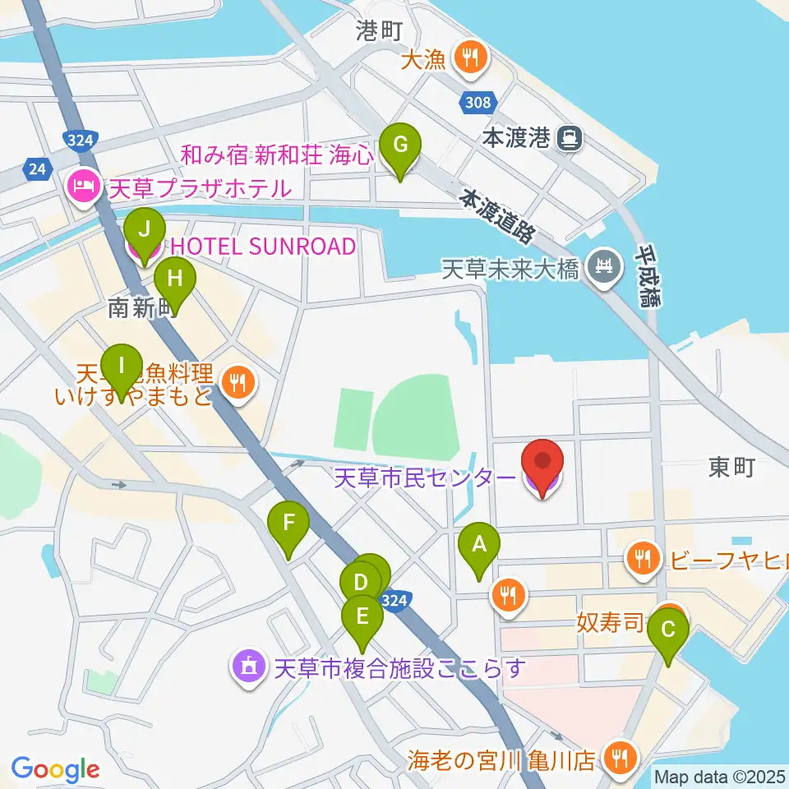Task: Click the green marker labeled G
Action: click(400, 146)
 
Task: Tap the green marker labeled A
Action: click(479, 544)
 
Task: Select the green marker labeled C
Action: click(668, 631)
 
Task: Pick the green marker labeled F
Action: click(288, 523)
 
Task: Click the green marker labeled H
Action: click(173, 280)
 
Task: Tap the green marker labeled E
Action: click(362, 616)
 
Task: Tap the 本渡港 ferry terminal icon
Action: click(568, 138)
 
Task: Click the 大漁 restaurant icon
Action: click(471, 58)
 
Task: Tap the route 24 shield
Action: click(35, 168)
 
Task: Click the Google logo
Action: click(56, 770)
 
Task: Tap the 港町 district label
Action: click(379, 31)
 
